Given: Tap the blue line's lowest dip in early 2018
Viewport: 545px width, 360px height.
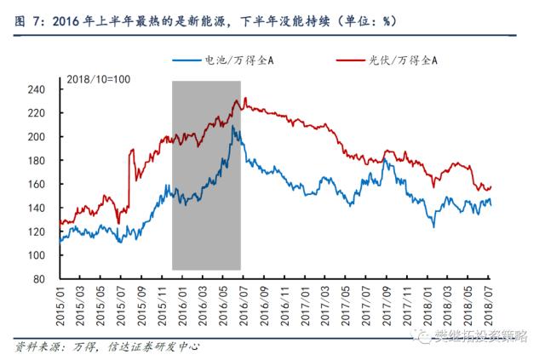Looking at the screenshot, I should click(433, 226).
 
